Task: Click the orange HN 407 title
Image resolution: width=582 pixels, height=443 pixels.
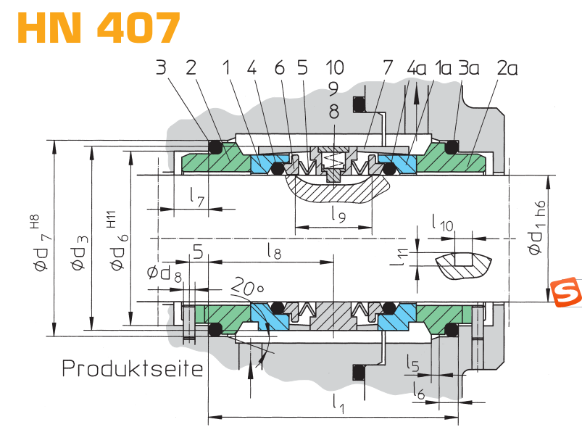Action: point(99,28)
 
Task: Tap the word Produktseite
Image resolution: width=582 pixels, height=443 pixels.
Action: point(133,368)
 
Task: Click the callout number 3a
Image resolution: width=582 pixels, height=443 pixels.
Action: point(469,68)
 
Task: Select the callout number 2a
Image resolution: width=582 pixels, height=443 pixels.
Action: point(507,68)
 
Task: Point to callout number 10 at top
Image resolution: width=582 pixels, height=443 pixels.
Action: point(335,67)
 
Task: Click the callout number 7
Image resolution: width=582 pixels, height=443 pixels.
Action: point(388,67)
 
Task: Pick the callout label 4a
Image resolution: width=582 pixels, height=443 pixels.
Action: point(417,68)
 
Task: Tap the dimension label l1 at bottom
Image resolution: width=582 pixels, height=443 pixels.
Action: point(338,404)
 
